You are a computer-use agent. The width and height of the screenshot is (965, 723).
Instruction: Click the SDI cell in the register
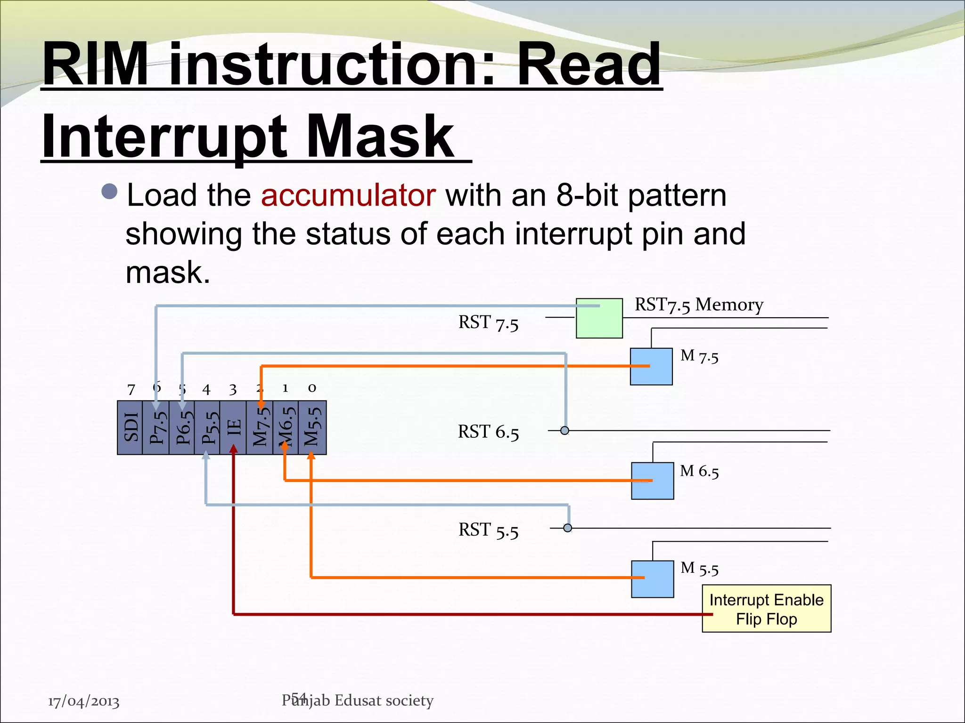pyautogui.click(x=130, y=427)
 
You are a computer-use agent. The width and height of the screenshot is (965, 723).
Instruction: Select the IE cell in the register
pyautogui.click(x=233, y=427)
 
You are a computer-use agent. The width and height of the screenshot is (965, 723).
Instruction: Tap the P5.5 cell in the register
pyautogui.click(x=208, y=427)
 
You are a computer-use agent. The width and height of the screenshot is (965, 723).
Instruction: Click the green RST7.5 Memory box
pyautogui.click(x=599, y=318)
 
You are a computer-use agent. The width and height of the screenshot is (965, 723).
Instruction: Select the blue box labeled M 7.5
pyautogui.click(x=651, y=367)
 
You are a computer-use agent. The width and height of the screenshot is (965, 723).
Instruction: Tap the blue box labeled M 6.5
pyautogui.click(x=652, y=481)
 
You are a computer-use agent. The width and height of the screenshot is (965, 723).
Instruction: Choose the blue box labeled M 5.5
pyautogui.click(x=652, y=579)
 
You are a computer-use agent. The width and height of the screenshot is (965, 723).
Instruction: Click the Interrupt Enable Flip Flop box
pyautogui.click(x=766, y=609)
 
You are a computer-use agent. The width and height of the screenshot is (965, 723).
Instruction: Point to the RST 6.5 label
pyautogui.click(x=488, y=432)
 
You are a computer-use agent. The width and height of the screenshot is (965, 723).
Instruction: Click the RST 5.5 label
pyautogui.click(x=488, y=530)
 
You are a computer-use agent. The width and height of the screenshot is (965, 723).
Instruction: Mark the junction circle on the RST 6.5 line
pyautogui.click(x=564, y=430)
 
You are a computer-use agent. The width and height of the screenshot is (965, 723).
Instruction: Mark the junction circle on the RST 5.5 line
pyautogui.click(x=568, y=528)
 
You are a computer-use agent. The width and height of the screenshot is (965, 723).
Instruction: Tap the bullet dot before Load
pyautogui.click(x=109, y=192)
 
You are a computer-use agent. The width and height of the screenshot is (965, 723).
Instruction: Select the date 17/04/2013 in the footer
pyautogui.click(x=83, y=701)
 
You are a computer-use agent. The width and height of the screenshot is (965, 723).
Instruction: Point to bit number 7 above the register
pyautogui.click(x=131, y=389)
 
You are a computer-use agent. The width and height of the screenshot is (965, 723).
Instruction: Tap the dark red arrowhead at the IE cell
pyautogui.click(x=233, y=450)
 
